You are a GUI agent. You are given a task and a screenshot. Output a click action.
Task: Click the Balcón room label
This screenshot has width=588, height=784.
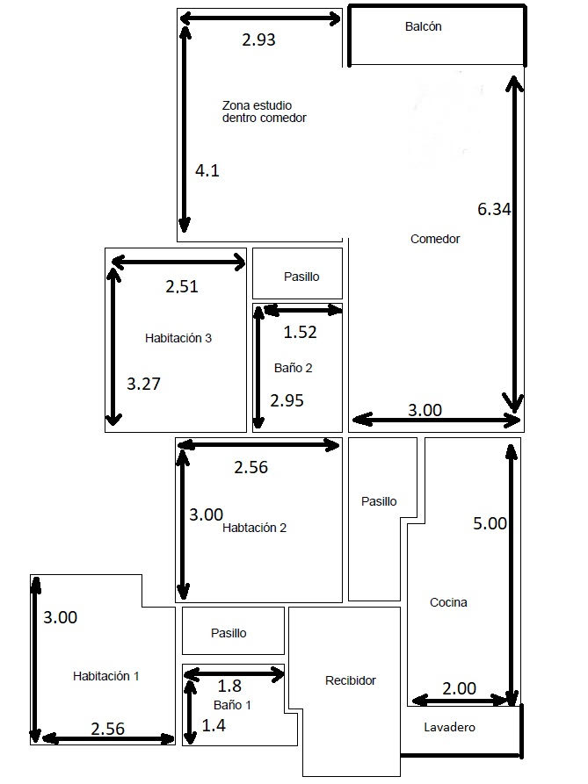(424, 26)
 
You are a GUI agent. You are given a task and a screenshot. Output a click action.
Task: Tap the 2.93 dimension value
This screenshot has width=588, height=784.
(258, 40)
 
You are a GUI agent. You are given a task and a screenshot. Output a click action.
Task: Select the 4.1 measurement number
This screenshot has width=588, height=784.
(207, 171)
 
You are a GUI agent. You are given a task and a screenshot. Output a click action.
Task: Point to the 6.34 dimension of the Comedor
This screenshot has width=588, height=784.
(494, 209)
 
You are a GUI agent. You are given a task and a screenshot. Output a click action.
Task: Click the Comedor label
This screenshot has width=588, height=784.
(435, 239)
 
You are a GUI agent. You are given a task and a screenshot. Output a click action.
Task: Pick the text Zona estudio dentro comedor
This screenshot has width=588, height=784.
(265, 112)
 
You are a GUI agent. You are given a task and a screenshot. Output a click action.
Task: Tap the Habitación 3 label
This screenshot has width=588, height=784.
(178, 339)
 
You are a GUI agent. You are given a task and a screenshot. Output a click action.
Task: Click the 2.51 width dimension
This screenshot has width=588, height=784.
(182, 286)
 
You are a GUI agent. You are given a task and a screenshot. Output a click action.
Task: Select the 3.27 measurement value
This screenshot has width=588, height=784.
(143, 384)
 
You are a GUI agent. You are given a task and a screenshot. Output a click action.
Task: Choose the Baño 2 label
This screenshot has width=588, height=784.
(294, 369)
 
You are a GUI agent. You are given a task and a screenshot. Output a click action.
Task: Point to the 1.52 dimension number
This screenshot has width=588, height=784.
(301, 333)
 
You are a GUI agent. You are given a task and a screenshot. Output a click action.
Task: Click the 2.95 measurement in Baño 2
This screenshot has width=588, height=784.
(287, 401)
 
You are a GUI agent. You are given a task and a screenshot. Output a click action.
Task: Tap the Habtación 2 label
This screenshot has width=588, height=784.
(254, 528)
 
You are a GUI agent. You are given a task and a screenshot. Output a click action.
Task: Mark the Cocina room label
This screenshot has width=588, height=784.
(448, 603)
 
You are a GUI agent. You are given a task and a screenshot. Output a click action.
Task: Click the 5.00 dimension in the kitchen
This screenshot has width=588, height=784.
(490, 523)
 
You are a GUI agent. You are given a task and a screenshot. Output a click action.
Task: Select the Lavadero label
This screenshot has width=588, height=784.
(449, 728)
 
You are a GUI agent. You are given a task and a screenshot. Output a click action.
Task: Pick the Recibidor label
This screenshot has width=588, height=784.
(351, 680)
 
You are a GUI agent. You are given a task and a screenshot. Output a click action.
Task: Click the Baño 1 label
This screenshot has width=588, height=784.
(232, 706)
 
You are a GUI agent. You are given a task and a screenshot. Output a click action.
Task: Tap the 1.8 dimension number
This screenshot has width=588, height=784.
(229, 686)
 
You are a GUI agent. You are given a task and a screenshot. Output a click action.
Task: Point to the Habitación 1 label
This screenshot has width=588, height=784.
(106, 677)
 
